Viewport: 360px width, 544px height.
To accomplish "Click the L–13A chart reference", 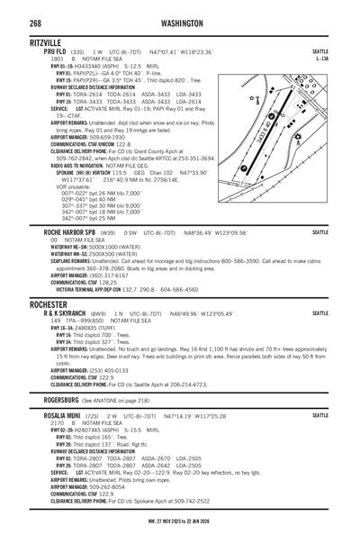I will click(x=321, y=59).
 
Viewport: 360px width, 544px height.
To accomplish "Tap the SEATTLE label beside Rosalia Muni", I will click(x=320, y=416).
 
